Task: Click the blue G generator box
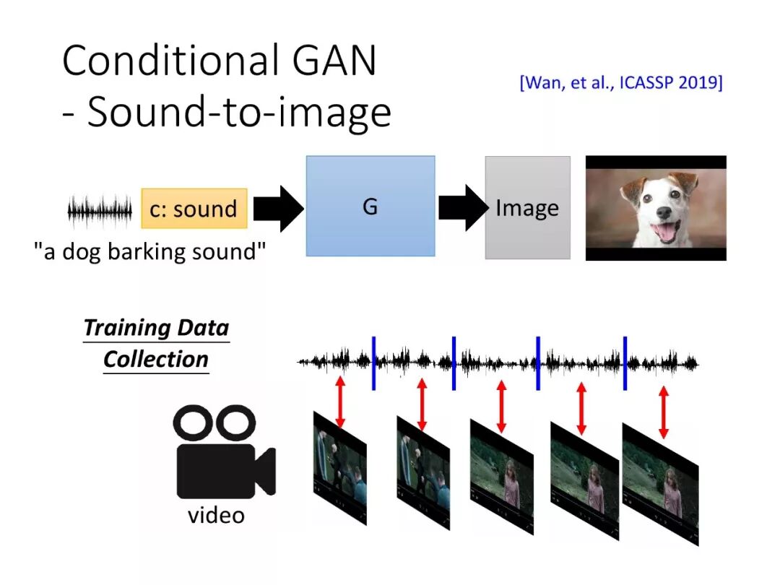(370, 206)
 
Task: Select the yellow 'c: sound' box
(194, 209)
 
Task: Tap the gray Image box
(527, 208)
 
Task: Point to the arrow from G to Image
(461, 207)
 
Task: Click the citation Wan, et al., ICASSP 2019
(620, 82)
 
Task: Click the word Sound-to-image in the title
(239, 113)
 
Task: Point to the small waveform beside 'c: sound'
(100, 211)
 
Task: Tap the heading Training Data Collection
(156, 343)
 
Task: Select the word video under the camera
(216, 516)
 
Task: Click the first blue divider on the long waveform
(373, 363)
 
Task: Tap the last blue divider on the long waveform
(625, 363)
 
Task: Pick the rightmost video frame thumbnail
(661, 484)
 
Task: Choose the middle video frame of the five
(501, 477)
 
